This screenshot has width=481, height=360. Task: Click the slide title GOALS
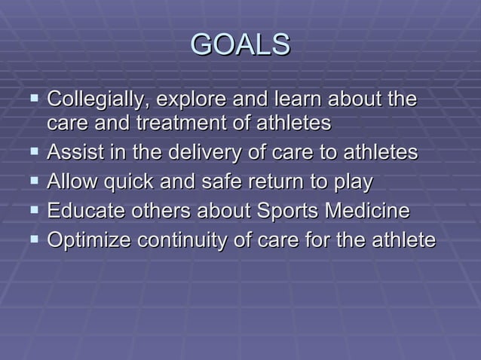pyautogui.click(x=240, y=45)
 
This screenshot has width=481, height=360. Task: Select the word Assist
pyautogui.click(x=71, y=152)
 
